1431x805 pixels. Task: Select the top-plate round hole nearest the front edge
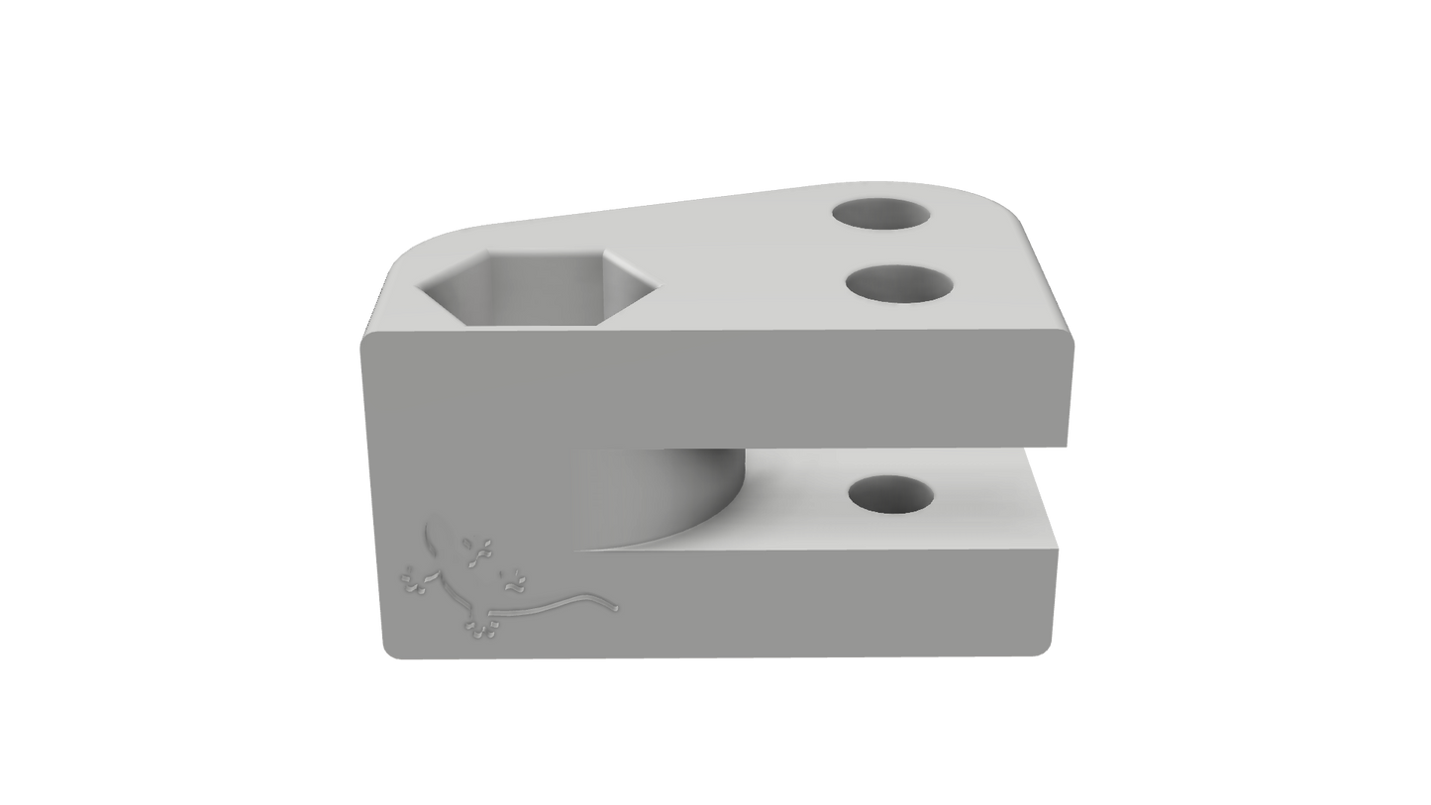(900, 285)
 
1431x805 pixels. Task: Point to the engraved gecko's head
(434, 536)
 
